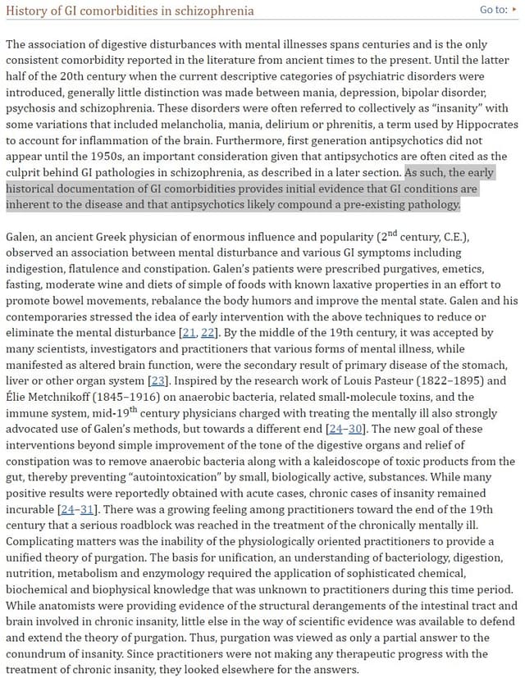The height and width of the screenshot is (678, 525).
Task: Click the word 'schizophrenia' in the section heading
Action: click(x=215, y=11)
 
